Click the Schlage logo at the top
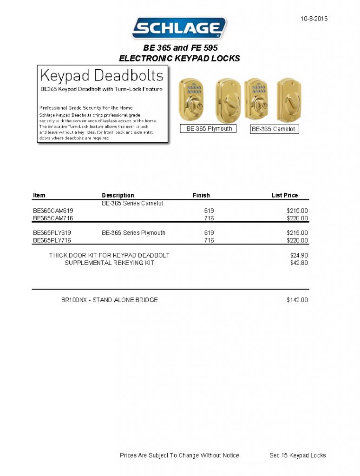click(180, 28)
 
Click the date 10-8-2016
click(314, 19)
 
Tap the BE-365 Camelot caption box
click(273, 129)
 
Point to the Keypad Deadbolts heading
click(102, 75)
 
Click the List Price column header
click(285, 195)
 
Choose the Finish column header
click(201, 195)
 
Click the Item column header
click(39, 195)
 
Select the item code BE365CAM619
click(53, 211)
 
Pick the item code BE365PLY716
click(52, 240)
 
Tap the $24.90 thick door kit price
click(299, 255)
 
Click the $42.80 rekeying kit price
click(299, 263)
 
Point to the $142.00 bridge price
click(297, 300)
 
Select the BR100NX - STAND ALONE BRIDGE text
click(110, 300)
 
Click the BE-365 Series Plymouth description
click(133, 233)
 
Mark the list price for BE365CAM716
click(297, 218)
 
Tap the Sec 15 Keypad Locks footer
click(298, 455)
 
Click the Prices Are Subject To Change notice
click(179, 455)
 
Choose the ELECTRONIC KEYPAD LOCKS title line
click(180, 58)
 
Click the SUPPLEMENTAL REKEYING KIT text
click(110, 263)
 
